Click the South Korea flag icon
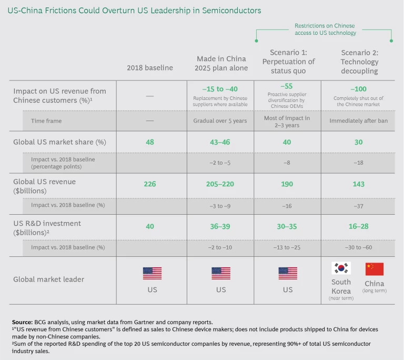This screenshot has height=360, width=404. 341,269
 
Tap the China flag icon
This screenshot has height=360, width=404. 375,269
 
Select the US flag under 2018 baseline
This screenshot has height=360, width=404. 153,273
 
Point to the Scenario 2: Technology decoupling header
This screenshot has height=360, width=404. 359,62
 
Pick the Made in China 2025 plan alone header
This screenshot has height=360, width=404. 221,63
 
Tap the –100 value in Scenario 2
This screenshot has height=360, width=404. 359,88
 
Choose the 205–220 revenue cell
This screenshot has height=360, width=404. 221,184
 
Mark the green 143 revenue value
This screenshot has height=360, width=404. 359,184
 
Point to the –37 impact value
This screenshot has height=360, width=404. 359,206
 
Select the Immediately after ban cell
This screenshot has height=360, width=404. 359,121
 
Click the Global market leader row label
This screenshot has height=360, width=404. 48,279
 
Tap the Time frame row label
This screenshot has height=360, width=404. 46,121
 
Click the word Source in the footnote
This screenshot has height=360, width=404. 22,321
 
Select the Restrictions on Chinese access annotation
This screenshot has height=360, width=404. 325,29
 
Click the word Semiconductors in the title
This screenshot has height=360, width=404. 231,11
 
